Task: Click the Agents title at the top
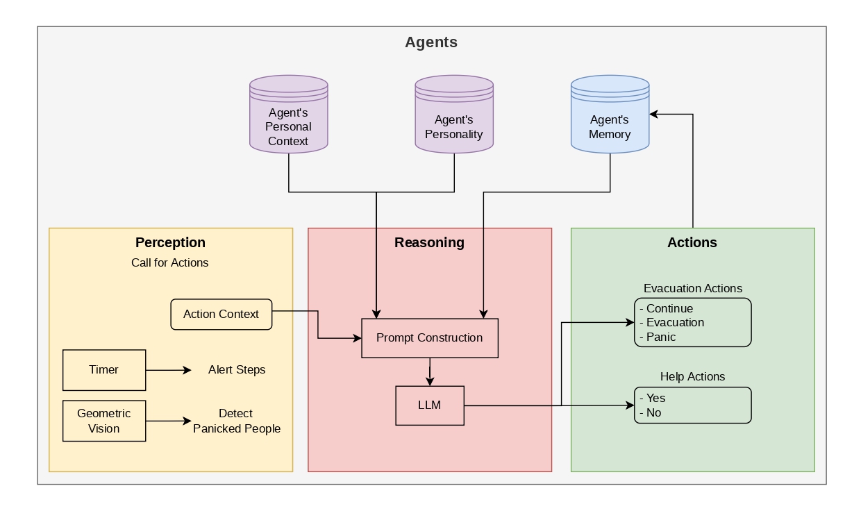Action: [x=431, y=42]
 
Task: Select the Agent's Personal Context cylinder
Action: [x=289, y=114]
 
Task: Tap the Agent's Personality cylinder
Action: [x=454, y=114]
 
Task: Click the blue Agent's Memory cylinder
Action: [x=610, y=114]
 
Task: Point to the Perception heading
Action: [x=170, y=242]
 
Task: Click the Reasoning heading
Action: [x=429, y=242]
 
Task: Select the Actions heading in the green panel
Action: [x=692, y=242]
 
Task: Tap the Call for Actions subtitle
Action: [x=170, y=263]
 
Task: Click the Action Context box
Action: [x=221, y=315]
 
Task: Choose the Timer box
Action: [x=104, y=370]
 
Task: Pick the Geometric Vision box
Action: [x=104, y=421]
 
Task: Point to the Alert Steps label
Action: [x=237, y=369]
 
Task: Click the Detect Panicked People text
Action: [x=237, y=421]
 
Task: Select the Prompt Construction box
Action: [x=430, y=338]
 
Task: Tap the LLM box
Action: [x=430, y=405]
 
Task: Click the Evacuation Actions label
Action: [x=693, y=289]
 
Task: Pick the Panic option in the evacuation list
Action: [x=658, y=337]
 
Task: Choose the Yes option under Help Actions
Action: [x=653, y=398]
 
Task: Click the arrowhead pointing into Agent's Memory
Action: [x=654, y=114]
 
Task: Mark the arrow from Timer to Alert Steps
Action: [x=168, y=370]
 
